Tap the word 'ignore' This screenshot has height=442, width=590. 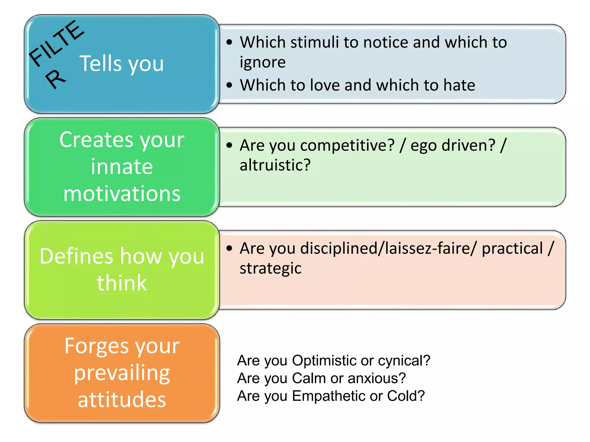tap(263, 62)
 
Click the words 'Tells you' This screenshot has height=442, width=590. tap(122, 64)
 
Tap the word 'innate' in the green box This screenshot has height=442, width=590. tap(122, 167)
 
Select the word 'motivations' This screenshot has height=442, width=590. tap(122, 194)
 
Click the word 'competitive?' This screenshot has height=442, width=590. tap(347, 146)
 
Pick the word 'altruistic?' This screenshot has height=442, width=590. tap(275, 165)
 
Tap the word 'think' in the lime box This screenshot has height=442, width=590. tap(122, 283)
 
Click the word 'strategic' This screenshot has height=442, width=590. tap(271, 268)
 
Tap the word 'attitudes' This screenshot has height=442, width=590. tap(122, 400)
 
